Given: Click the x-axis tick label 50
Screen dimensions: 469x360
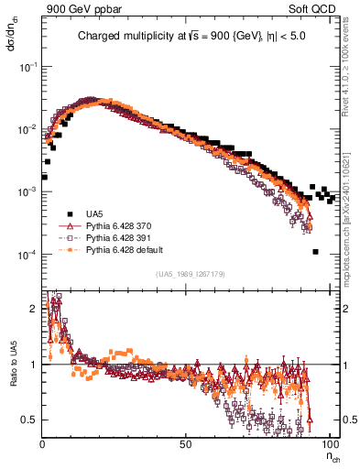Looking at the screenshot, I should pyautogui.click(x=186, y=443).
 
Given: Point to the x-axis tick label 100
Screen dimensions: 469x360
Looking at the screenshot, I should pyautogui.click(x=329, y=443).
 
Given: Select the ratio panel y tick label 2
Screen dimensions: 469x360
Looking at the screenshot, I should pyautogui.click(x=34, y=308).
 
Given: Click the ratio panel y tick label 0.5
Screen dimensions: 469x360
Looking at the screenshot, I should pyautogui.click(x=30, y=420).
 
